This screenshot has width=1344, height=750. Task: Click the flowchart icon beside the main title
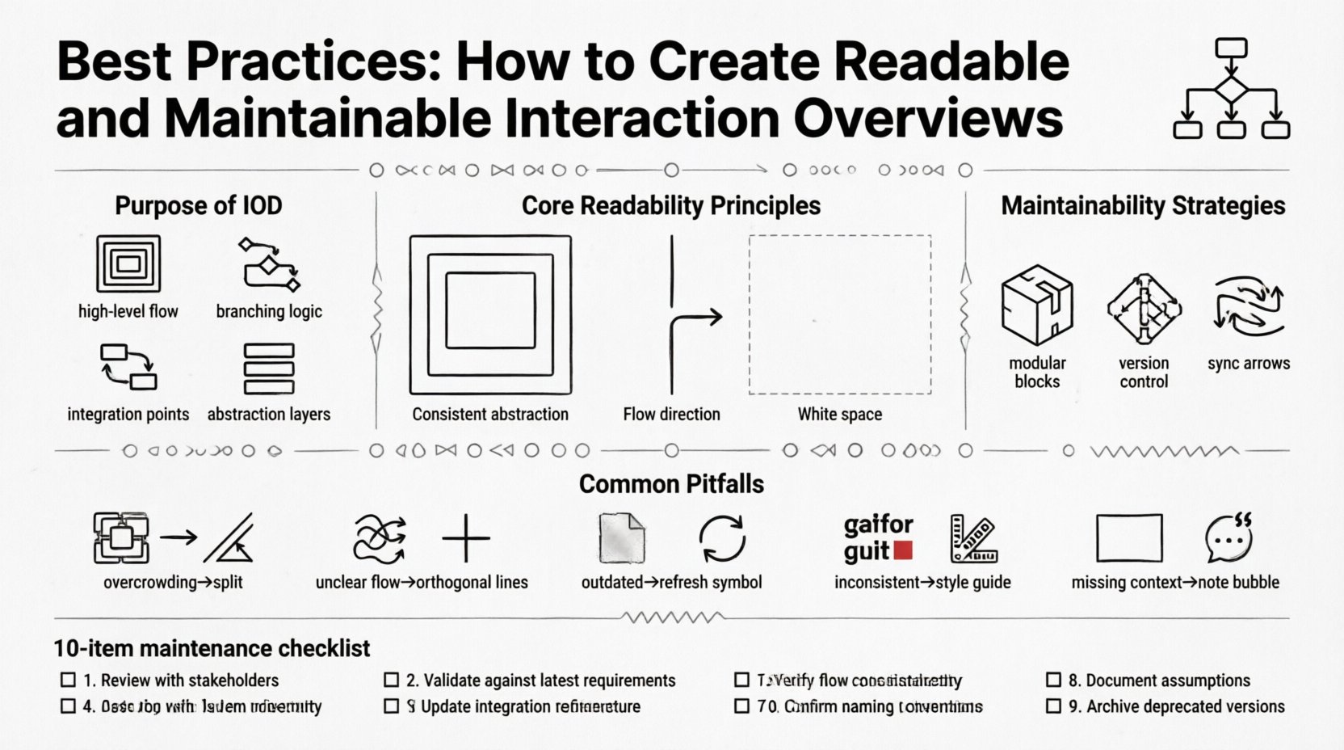[1230, 89]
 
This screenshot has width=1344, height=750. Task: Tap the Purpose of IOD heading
[199, 205]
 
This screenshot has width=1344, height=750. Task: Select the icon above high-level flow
[128, 263]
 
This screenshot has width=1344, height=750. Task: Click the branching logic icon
[270, 264]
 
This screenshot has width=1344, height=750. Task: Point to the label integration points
[128, 415]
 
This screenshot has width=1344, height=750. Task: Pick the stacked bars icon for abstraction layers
[269, 369]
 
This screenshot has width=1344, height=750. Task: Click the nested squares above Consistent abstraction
[490, 314]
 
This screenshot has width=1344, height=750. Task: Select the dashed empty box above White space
[840, 314]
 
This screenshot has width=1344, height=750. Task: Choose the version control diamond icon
[1144, 308]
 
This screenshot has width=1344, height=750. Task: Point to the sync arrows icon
[1248, 306]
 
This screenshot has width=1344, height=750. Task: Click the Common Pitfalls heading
[671, 484]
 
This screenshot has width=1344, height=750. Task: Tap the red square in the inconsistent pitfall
[904, 551]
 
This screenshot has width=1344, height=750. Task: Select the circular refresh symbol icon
[722, 539]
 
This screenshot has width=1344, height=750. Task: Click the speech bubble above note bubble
[1228, 538]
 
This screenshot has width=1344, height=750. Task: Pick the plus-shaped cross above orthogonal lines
[466, 538]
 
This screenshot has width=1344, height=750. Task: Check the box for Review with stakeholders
[69, 680]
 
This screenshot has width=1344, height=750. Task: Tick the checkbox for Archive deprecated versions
[1053, 706]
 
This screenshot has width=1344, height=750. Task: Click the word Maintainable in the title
[328, 118]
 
